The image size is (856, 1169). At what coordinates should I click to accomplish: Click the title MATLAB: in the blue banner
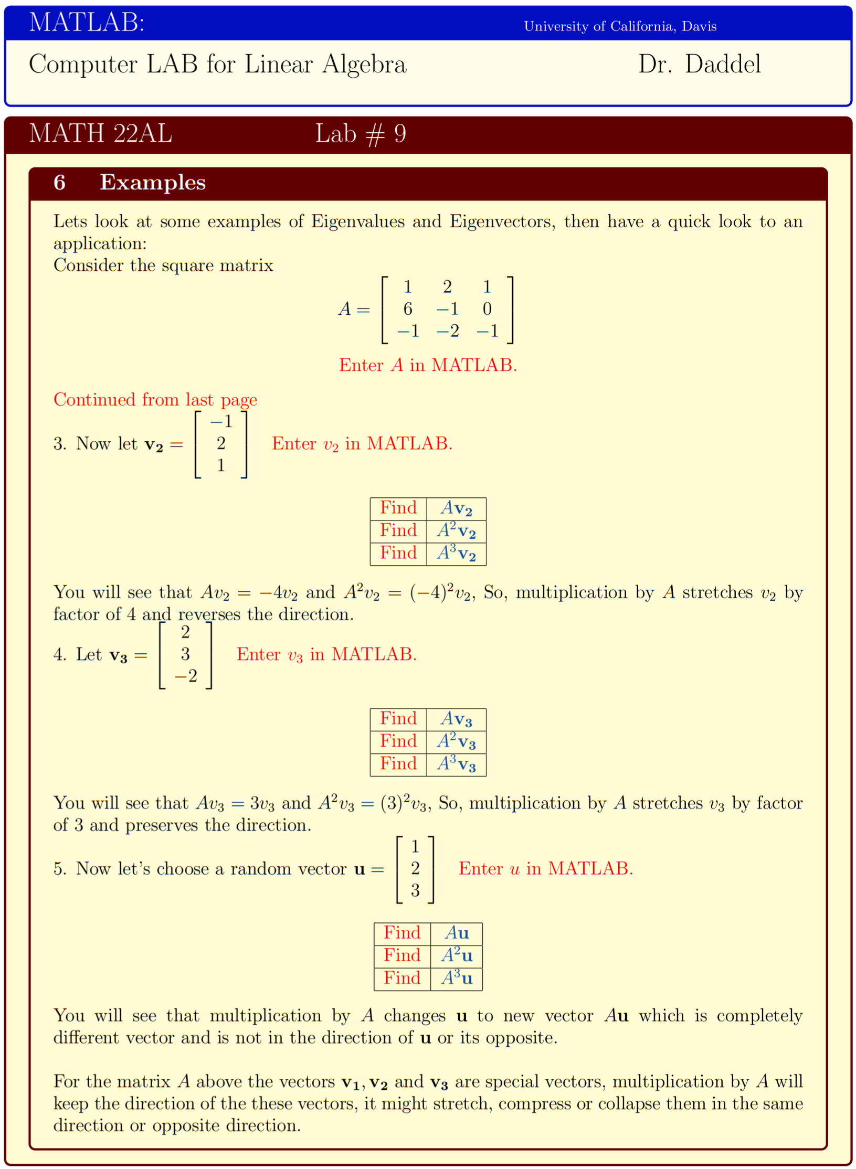[87, 23]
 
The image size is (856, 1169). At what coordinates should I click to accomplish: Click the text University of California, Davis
[620, 26]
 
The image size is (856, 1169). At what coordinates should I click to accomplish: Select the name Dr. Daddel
[699, 64]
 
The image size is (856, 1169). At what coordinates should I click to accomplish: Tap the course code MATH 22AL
[100, 133]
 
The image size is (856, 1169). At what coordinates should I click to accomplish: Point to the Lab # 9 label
[361, 134]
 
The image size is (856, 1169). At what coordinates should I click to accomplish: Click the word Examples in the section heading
[152, 183]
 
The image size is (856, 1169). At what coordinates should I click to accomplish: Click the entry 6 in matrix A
[407, 309]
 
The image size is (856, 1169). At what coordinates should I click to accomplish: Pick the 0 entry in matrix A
[487, 309]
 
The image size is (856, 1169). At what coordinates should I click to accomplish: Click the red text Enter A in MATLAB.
[428, 365]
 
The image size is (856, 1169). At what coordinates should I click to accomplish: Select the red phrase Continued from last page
[155, 399]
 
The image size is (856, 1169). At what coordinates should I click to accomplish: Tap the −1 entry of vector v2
[221, 421]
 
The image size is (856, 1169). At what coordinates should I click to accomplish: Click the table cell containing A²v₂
[456, 531]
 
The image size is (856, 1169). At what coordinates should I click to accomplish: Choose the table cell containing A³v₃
[456, 764]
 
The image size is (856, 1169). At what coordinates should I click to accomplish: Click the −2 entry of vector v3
[186, 676]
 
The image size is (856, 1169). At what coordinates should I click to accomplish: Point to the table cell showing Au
[456, 933]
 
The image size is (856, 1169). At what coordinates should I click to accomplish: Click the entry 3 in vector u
[415, 890]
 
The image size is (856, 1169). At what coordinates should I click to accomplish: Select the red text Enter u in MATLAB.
[546, 868]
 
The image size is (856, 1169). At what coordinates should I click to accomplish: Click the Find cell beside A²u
[402, 955]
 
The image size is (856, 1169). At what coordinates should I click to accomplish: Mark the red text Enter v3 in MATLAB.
[326, 654]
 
